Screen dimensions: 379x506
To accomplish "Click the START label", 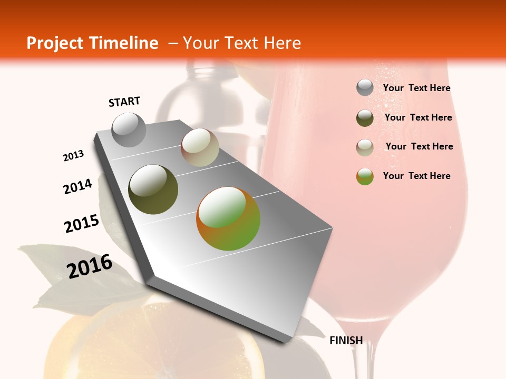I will (x=124, y=102).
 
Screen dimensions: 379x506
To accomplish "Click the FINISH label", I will (x=346, y=341).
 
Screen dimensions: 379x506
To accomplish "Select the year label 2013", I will (x=74, y=156).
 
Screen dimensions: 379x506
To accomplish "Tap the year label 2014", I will (x=78, y=186).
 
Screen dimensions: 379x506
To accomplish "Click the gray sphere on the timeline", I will (x=129, y=129).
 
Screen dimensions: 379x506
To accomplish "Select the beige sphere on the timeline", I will (x=200, y=147).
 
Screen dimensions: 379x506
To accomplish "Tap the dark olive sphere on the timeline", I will (x=153, y=189).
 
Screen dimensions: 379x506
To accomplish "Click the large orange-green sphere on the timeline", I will (x=228, y=218).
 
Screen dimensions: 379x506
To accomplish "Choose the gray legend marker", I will (x=365, y=88).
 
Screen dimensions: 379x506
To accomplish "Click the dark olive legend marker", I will (x=365, y=118).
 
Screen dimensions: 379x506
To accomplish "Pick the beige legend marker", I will (x=365, y=147).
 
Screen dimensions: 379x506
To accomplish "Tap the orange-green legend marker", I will (x=365, y=176).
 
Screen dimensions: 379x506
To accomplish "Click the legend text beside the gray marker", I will (x=416, y=88).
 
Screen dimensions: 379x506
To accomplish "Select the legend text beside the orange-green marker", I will (x=416, y=176).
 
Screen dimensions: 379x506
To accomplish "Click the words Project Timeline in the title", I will (x=92, y=43).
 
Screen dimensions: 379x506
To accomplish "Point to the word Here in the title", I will (x=282, y=43).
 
